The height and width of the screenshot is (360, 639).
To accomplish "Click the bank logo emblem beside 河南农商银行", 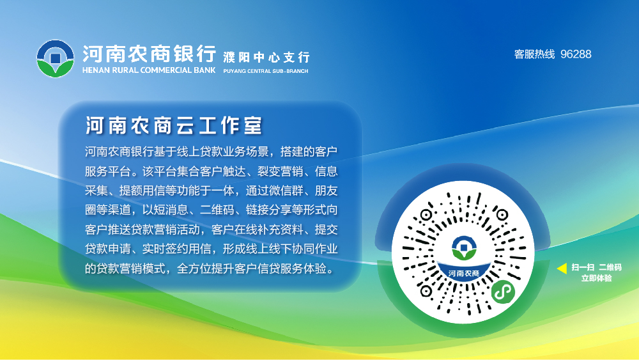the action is pyautogui.click(x=56, y=58).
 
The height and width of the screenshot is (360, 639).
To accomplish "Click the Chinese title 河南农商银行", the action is pyautogui.click(x=149, y=54).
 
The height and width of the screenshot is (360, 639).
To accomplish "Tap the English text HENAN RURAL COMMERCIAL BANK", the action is pyautogui.click(x=149, y=70).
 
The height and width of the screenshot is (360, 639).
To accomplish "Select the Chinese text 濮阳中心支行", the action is pyautogui.click(x=266, y=57).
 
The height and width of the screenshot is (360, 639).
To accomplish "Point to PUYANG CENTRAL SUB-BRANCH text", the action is pyautogui.click(x=266, y=71).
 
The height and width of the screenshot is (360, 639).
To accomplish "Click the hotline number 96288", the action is pyautogui.click(x=576, y=54).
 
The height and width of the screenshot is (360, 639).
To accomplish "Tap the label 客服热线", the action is pyautogui.click(x=535, y=54).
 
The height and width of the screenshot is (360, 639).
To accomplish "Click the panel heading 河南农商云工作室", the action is pyautogui.click(x=174, y=125).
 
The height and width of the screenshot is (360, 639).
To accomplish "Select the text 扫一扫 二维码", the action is pyautogui.click(x=597, y=267).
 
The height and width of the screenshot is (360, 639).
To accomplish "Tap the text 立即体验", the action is pyautogui.click(x=597, y=278).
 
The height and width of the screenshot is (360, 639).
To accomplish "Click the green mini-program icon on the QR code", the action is pyautogui.click(x=504, y=292).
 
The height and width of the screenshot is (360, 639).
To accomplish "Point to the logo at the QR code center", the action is pyautogui.click(x=464, y=248).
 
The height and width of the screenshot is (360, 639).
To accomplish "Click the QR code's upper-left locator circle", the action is pyautogui.click(x=426, y=214).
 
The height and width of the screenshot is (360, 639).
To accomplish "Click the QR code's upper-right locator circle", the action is pyautogui.click(x=502, y=214).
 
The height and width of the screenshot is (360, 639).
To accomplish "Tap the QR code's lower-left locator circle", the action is pyautogui.click(x=426, y=291).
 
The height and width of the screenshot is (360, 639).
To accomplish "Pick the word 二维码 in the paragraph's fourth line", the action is pyautogui.click(x=217, y=210).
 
